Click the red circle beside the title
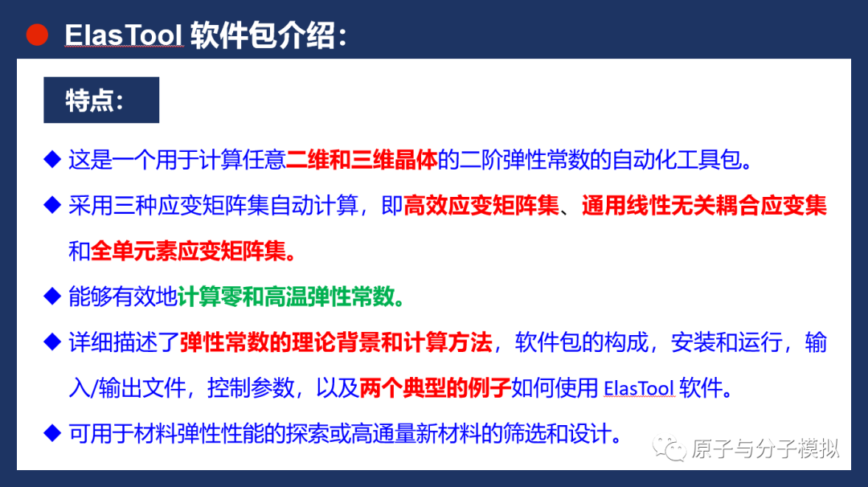(35, 35)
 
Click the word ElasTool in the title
(124, 36)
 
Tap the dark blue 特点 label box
(100, 100)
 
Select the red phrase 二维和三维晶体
(362, 159)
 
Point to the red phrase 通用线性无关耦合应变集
(704, 207)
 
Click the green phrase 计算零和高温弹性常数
(291, 297)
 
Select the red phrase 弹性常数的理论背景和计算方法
(336, 343)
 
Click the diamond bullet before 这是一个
(52, 159)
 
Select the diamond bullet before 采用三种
(52, 207)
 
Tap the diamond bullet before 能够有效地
(52, 297)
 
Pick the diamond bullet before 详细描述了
(52, 343)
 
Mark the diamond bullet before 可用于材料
(52, 435)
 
